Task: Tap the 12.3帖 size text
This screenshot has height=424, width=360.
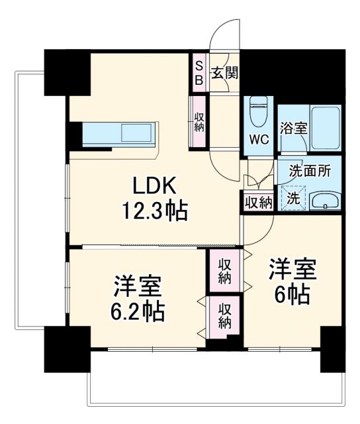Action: pyautogui.click(x=153, y=212)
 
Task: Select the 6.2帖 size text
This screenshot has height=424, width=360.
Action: pyautogui.click(x=137, y=309)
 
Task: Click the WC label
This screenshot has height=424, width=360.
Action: pyautogui.click(x=258, y=140)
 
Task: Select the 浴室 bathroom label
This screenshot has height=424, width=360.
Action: pyautogui.click(x=293, y=129)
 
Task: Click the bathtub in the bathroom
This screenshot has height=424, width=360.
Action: pyautogui.click(x=326, y=126)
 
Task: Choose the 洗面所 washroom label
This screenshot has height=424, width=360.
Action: pyautogui.click(x=309, y=170)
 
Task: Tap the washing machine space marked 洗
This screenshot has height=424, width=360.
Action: pyautogui.click(x=292, y=197)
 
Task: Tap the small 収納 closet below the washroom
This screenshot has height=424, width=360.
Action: pyautogui.click(x=258, y=202)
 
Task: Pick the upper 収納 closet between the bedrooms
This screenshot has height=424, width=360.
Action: pyautogui.click(x=225, y=270)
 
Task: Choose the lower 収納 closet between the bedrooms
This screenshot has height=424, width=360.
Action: pyautogui.click(x=225, y=315)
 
